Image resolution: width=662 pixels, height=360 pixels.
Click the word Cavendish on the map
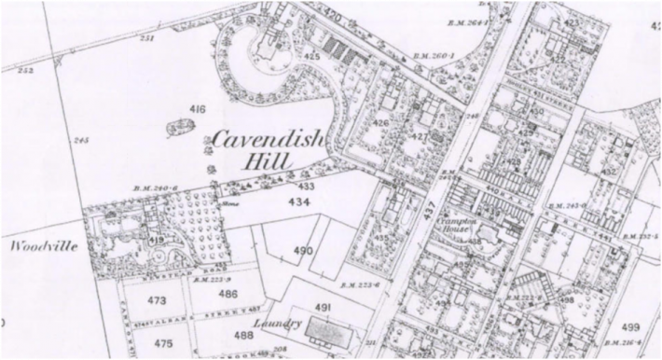[268, 141]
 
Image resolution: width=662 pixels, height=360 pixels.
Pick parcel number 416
[197, 110]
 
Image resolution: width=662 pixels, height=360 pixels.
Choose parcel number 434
[299, 201]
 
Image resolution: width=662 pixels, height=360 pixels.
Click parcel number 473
[155, 300]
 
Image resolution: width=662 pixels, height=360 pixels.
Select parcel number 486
[228, 293]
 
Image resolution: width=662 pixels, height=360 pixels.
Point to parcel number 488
[243, 335]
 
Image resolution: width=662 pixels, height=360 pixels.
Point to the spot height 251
[146, 38]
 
